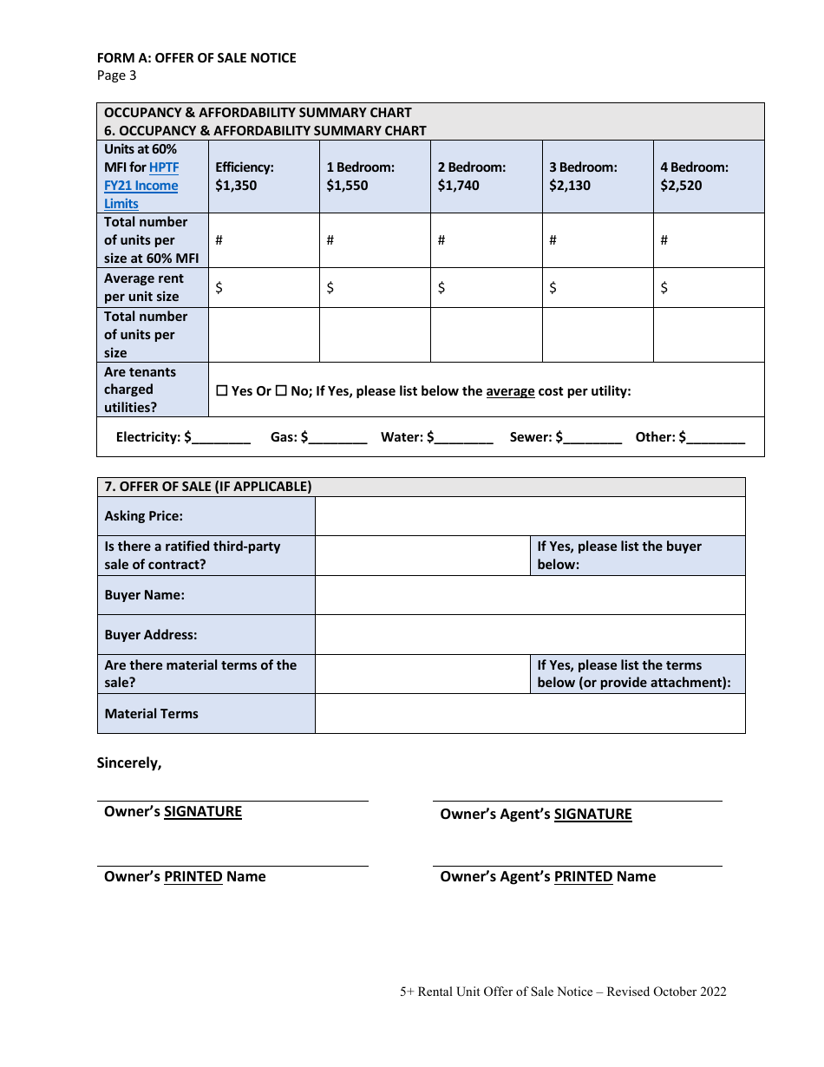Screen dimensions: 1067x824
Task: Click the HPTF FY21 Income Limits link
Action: [141, 186]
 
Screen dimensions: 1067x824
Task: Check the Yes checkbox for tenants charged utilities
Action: [221, 391]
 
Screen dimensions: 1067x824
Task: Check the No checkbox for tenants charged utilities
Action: [281, 391]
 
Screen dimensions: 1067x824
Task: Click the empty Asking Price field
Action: [529, 516]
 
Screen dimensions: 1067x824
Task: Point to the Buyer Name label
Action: [145, 595]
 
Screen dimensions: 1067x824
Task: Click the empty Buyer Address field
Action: [529, 635]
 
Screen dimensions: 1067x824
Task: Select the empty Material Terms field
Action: [529, 714]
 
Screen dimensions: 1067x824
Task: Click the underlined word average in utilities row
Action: [510, 391]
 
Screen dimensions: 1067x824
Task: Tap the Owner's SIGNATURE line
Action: [232, 800]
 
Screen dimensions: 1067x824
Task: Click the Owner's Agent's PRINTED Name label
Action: [547, 877]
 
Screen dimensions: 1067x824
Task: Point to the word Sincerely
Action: [129, 763]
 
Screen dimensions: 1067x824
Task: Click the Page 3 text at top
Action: [116, 75]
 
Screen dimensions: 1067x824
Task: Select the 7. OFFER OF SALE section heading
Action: [208, 487]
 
